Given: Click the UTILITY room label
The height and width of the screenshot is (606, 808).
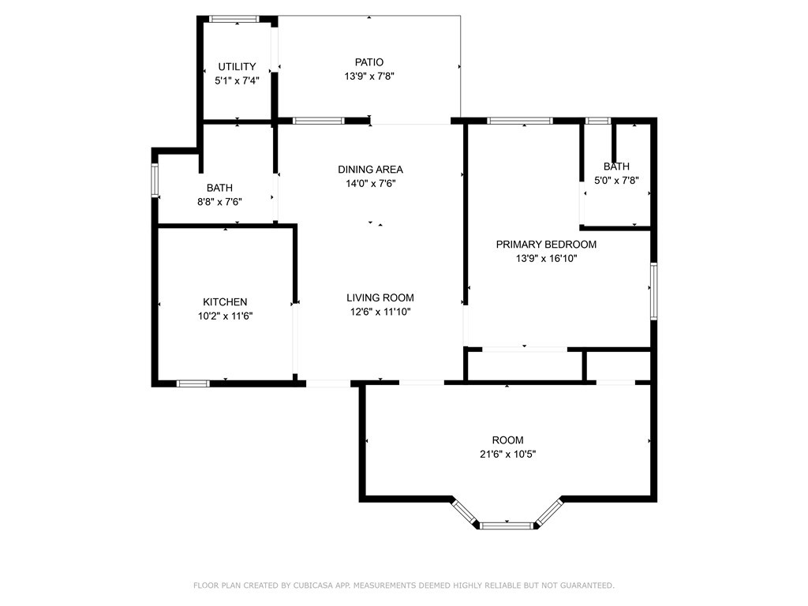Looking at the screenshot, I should click(x=237, y=67).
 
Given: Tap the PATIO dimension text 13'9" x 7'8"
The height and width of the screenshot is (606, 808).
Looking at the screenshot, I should click(x=368, y=77).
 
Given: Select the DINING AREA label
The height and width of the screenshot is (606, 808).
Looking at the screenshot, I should click(x=370, y=170).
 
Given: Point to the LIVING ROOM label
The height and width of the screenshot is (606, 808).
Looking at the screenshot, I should click(x=380, y=297).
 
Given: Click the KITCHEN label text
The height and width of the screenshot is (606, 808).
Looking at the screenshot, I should click(x=225, y=302).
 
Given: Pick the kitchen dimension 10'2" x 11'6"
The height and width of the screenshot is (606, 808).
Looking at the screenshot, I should click(x=225, y=316).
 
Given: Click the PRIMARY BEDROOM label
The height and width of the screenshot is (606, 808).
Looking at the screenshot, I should click(x=546, y=245).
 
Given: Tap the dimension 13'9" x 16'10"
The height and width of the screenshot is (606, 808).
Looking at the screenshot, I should click(x=546, y=258).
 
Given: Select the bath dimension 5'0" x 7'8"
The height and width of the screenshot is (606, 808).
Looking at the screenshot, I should click(x=616, y=180).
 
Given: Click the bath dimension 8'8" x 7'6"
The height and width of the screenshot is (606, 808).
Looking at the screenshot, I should click(x=219, y=201).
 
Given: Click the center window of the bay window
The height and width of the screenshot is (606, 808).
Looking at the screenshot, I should click(x=507, y=524).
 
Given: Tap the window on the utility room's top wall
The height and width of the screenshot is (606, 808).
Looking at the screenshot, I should click(x=234, y=18).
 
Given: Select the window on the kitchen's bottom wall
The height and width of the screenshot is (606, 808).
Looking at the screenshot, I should click(x=193, y=383).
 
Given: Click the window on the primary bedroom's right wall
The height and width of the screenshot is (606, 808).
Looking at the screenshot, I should click(x=653, y=292).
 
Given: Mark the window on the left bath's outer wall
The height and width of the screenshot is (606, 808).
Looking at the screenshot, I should click(x=155, y=180).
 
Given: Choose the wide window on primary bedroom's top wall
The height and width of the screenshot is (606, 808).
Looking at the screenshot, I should click(x=519, y=121).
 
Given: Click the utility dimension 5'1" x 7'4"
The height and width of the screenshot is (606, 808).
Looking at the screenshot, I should click(x=237, y=80).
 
